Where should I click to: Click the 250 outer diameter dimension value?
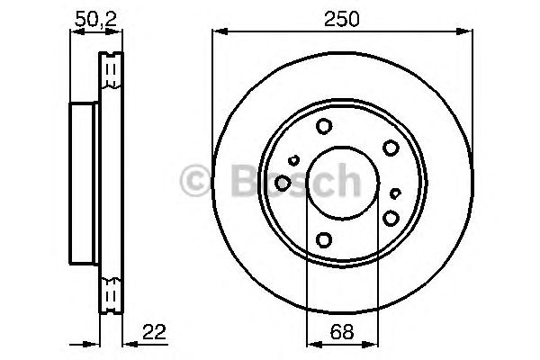[x=341, y=19]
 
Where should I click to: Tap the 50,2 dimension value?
[x=96, y=19]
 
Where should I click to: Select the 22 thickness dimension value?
[x=154, y=332]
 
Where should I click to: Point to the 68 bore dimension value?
[x=342, y=332]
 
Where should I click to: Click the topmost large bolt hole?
[x=324, y=126]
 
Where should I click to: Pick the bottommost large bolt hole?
[x=324, y=239]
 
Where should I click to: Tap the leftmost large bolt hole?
[x=283, y=183]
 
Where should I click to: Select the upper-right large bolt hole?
[x=391, y=148]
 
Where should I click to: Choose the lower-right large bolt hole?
[x=391, y=218]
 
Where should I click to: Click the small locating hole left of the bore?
[x=293, y=160]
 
